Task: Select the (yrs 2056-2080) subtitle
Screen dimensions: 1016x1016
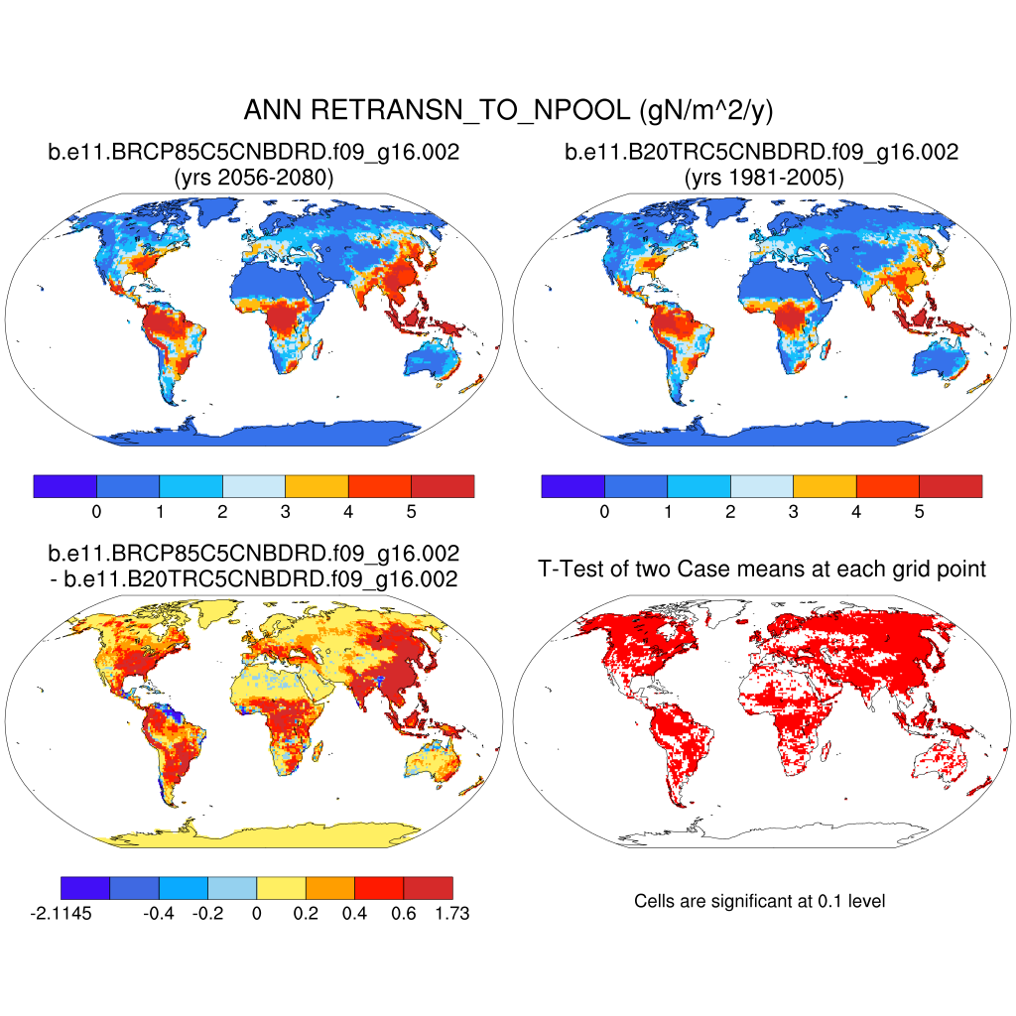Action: tap(253, 179)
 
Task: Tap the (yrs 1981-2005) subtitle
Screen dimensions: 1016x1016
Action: tap(761, 179)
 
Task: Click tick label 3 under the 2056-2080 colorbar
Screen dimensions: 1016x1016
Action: tap(285, 512)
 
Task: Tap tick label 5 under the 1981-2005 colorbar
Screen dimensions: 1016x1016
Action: tap(919, 512)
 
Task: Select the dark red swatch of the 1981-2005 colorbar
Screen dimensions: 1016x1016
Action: tap(950, 486)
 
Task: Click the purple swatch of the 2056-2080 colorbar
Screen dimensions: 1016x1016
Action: tap(65, 486)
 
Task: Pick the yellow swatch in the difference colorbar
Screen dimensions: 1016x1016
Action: tap(281, 888)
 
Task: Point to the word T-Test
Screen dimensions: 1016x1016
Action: tap(570, 569)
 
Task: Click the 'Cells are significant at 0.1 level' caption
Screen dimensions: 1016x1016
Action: tap(759, 901)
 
